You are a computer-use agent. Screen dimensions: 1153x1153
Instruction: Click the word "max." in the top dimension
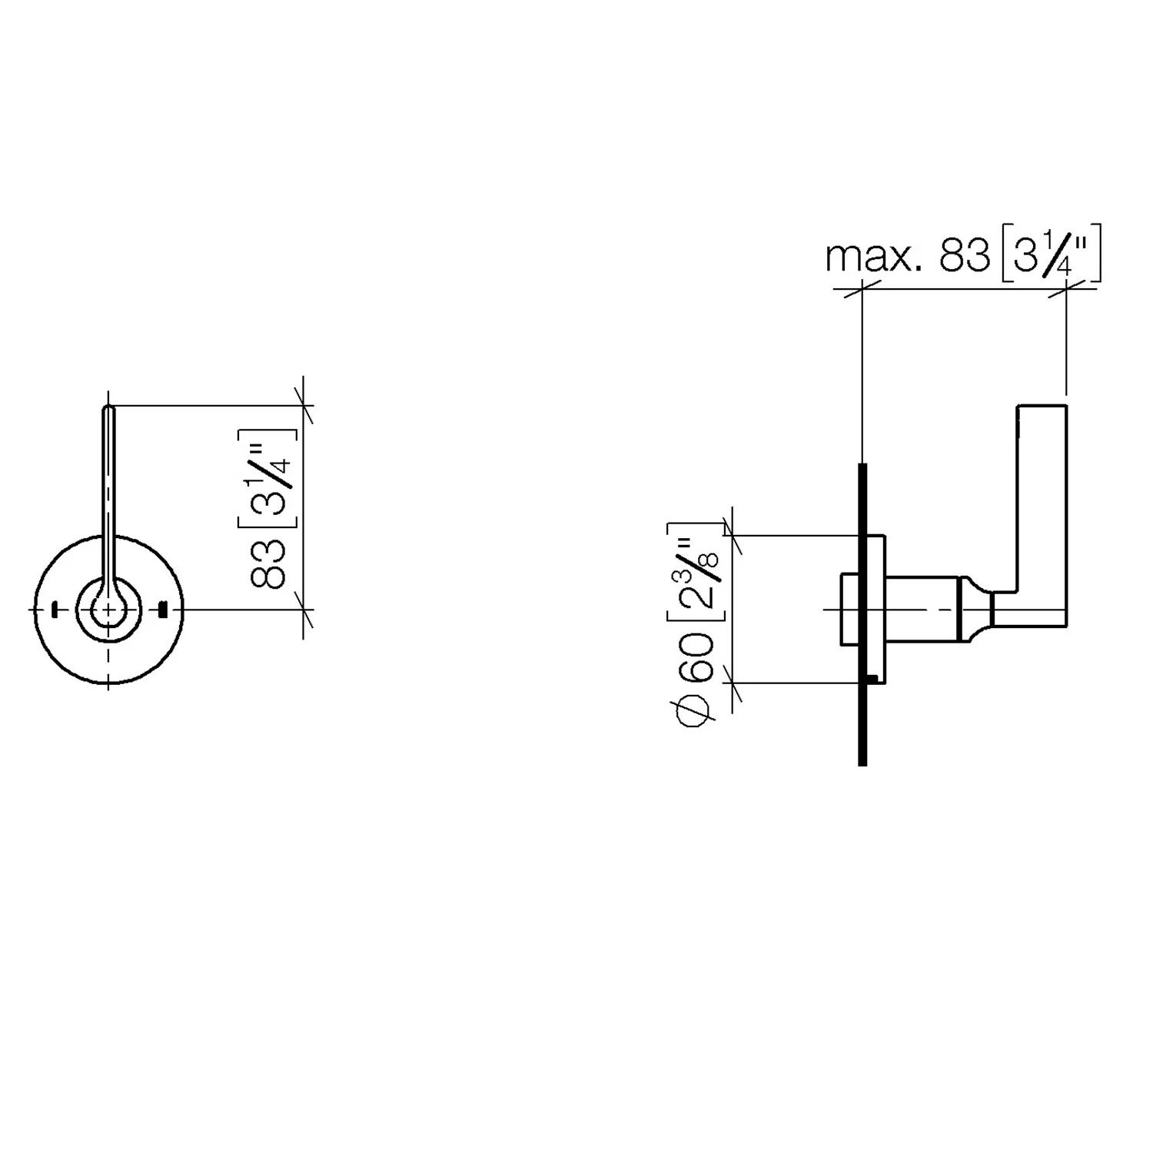tap(873, 257)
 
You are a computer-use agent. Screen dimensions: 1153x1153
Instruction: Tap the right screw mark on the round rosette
tap(162, 610)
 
